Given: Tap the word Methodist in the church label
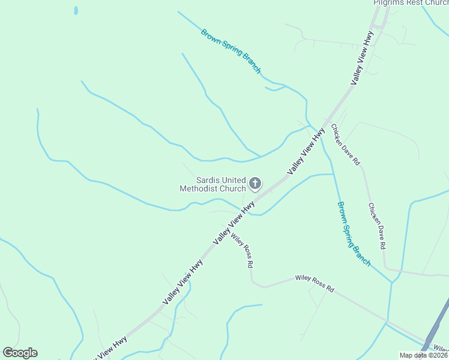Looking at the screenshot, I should click(x=199, y=188).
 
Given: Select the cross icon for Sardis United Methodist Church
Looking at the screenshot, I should click(x=255, y=183).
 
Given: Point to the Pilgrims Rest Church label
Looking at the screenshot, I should click(x=411, y=3).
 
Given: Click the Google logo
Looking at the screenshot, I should click(x=20, y=353).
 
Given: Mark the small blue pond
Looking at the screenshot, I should click(x=75, y=11).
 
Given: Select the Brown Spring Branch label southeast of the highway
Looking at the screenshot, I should click(x=353, y=234).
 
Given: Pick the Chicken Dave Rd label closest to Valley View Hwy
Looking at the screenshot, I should click(x=345, y=145).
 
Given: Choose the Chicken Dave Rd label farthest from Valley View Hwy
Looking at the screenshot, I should click(x=377, y=226).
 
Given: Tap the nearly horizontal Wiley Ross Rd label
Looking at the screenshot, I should click(x=314, y=283).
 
